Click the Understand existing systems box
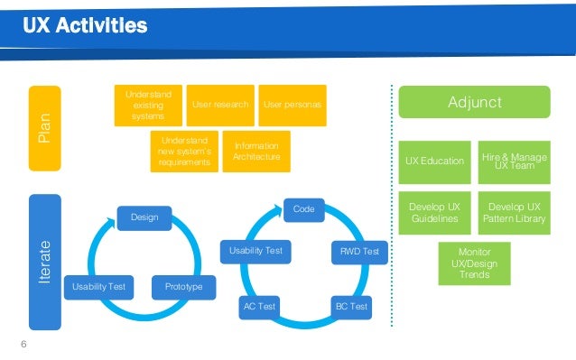coord(147,105)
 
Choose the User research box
coord(219,105)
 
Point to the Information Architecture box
coord(257,152)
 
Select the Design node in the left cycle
coord(145,217)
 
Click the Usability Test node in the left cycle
coord(99,287)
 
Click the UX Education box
coord(434,161)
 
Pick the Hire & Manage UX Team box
coord(513,161)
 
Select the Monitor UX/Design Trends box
coord(474,263)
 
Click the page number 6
coord(24,343)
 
